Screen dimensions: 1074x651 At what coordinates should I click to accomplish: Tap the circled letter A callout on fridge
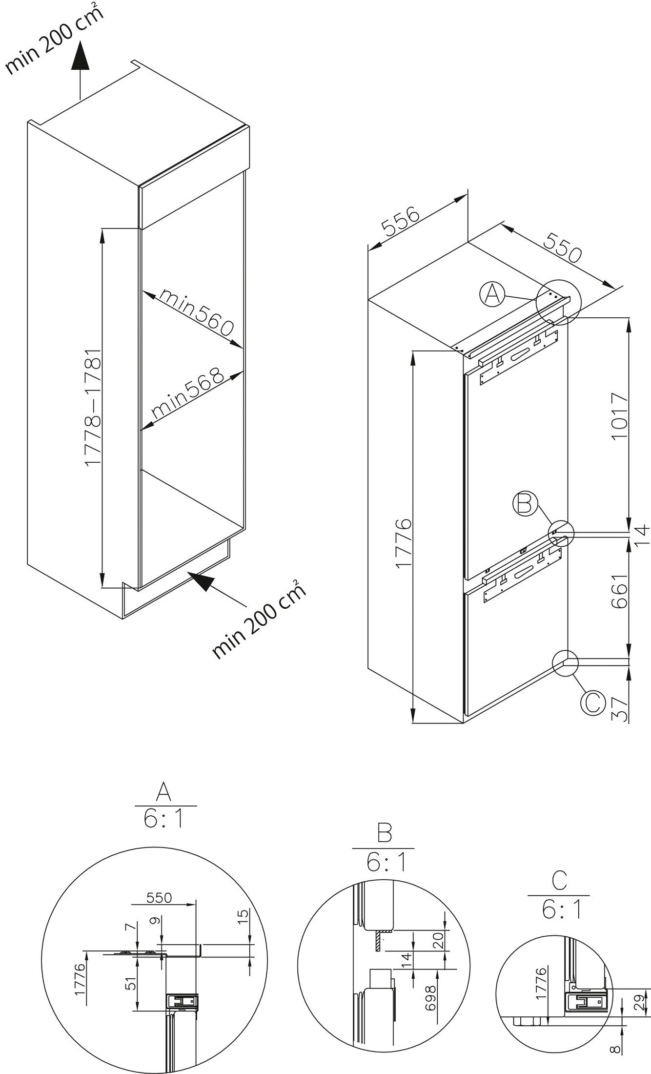(492, 295)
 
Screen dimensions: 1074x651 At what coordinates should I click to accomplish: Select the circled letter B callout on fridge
(524, 504)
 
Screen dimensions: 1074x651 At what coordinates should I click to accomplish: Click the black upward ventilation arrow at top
(80, 62)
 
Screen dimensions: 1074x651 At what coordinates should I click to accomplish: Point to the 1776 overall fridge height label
(404, 544)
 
